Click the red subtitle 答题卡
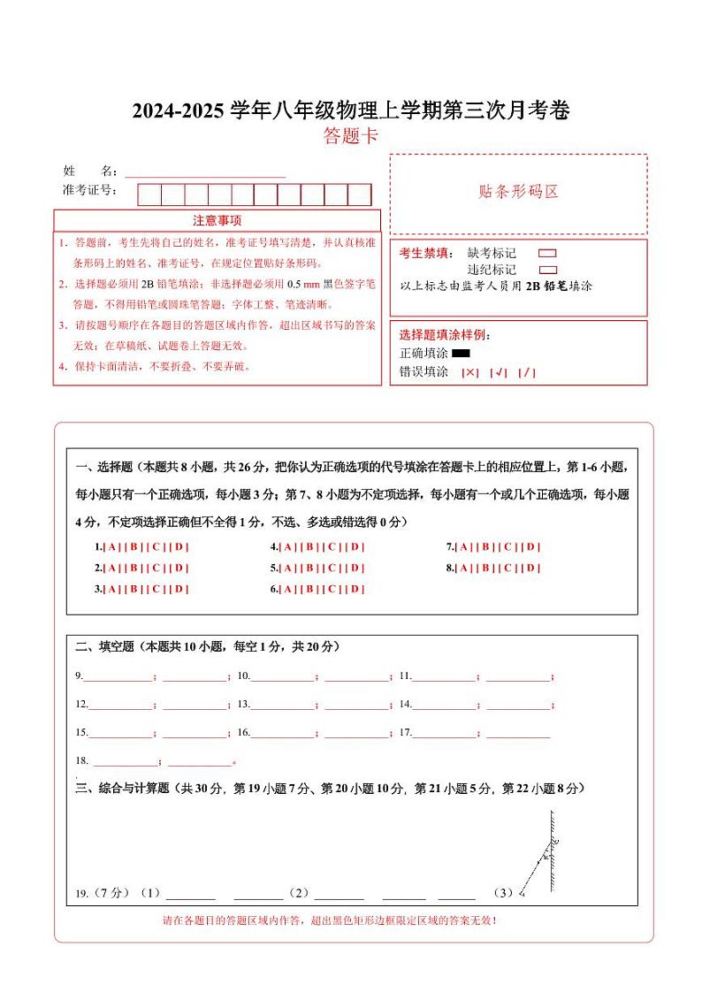[350, 136]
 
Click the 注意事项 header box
[217, 220]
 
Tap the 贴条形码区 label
[518, 192]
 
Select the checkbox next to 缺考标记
[547, 253]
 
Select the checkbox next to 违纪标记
[547, 270]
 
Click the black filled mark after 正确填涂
[461, 354]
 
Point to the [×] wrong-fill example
[470, 372]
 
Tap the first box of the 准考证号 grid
[149, 195]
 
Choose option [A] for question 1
[112, 546]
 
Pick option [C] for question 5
[332, 568]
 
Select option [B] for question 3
[134, 589]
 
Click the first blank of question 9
[118, 677]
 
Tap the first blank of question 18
[125, 762]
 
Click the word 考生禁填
[425, 253]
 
